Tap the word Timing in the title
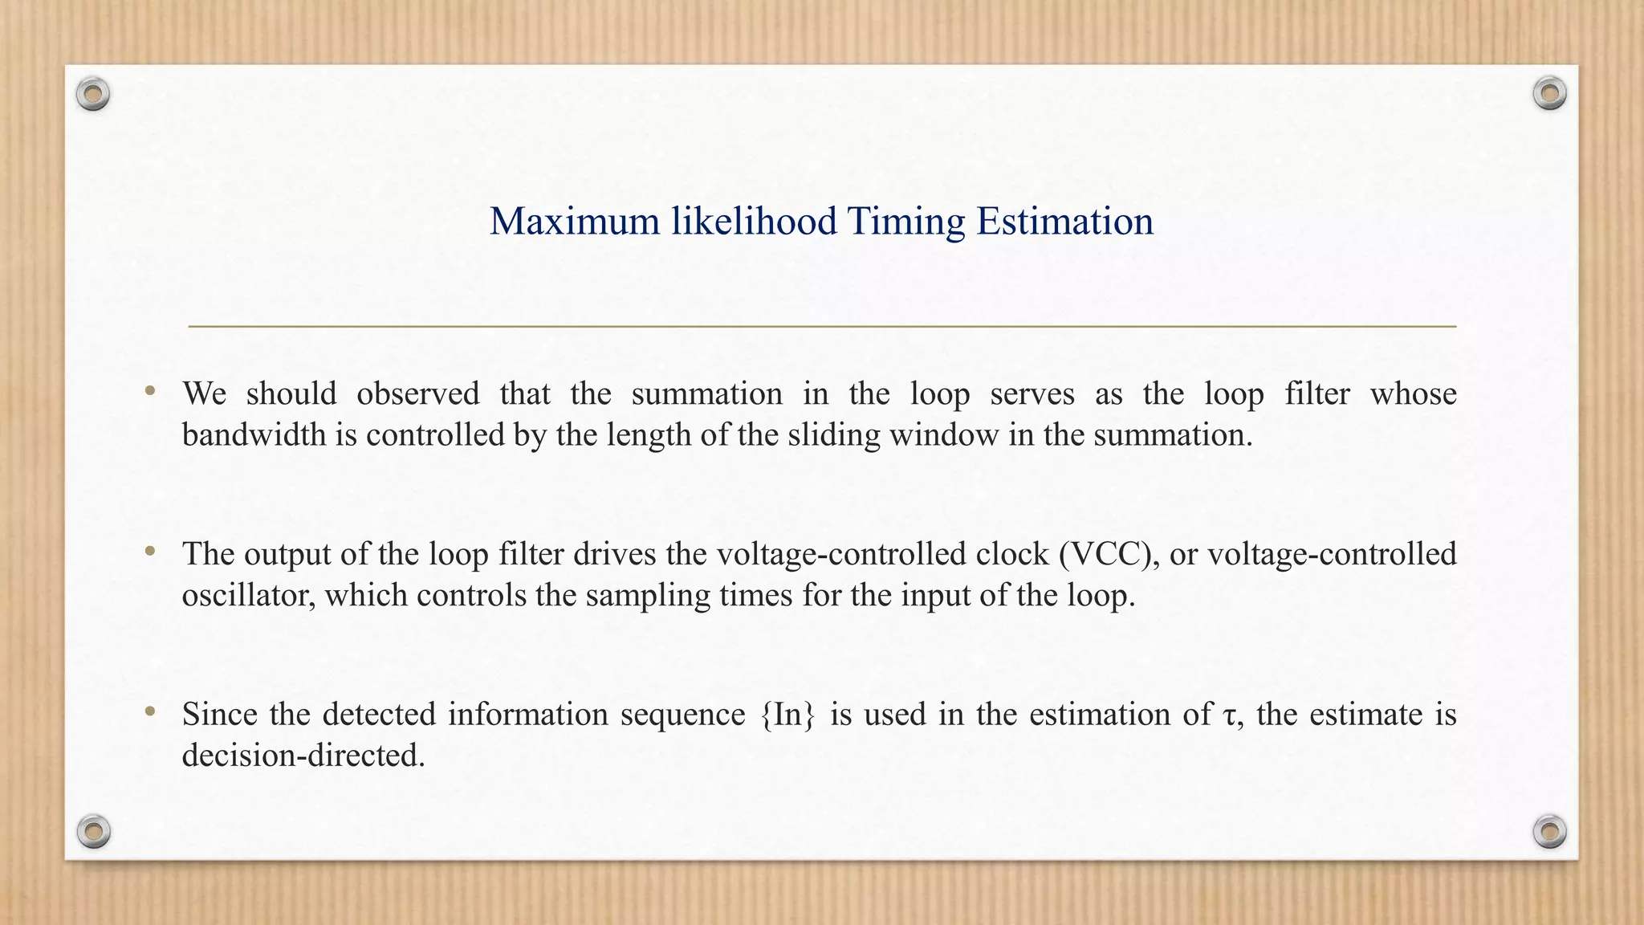(x=905, y=221)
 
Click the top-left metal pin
(x=93, y=95)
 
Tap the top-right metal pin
(x=1549, y=94)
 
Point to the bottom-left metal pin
(x=93, y=831)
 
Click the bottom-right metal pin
(x=1549, y=831)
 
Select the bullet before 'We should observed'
(x=149, y=392)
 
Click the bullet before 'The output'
(x=149, y=552)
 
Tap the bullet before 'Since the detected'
(x=149, y=711)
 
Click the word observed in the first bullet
(x=417, y=393)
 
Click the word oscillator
(x=248, y=595)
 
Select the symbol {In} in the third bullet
(x=787, y=715)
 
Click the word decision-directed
(x=303, y=756)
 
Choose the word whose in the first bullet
(x=1413, y=393)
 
